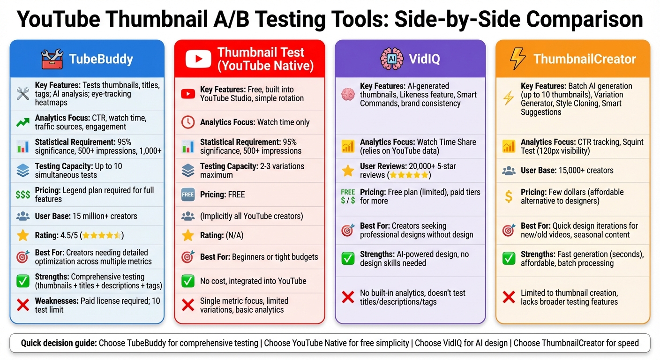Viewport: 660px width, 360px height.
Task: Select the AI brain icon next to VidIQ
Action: (x=391, y=59)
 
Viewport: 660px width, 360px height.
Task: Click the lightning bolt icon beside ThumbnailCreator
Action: (x=517, y=59)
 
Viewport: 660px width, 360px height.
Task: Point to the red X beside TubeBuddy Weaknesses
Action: (x=22, y=305)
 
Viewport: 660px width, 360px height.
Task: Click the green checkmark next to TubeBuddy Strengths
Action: (x=22, y=281)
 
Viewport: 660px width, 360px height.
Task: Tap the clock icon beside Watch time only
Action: (x=187, y=122)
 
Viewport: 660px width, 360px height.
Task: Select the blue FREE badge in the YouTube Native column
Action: (x=187, y=195)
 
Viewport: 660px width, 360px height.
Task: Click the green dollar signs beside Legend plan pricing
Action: (x=22, y=195)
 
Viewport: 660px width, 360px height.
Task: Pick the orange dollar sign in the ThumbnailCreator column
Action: (x=509, y=196)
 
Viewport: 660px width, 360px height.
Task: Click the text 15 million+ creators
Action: (x=105, y=216)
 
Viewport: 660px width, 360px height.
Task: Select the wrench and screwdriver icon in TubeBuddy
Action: (x=22, y=94)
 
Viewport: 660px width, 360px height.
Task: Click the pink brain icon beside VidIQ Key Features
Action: (x=347, y=94)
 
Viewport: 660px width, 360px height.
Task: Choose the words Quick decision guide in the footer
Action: (x=59, y=343)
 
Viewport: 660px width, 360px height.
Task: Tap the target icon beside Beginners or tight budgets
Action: (x=187, y=257)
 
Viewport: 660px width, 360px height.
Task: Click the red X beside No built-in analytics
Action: (x=347, y=297)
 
